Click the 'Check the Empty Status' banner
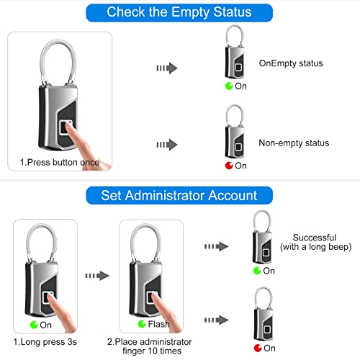tap(179, 12)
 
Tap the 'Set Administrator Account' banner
tap(179, 195)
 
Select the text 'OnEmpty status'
tap(292, 63)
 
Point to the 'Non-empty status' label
tap(294, 143)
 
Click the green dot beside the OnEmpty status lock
tap(228, 86)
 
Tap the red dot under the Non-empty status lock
tap(228, 166)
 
